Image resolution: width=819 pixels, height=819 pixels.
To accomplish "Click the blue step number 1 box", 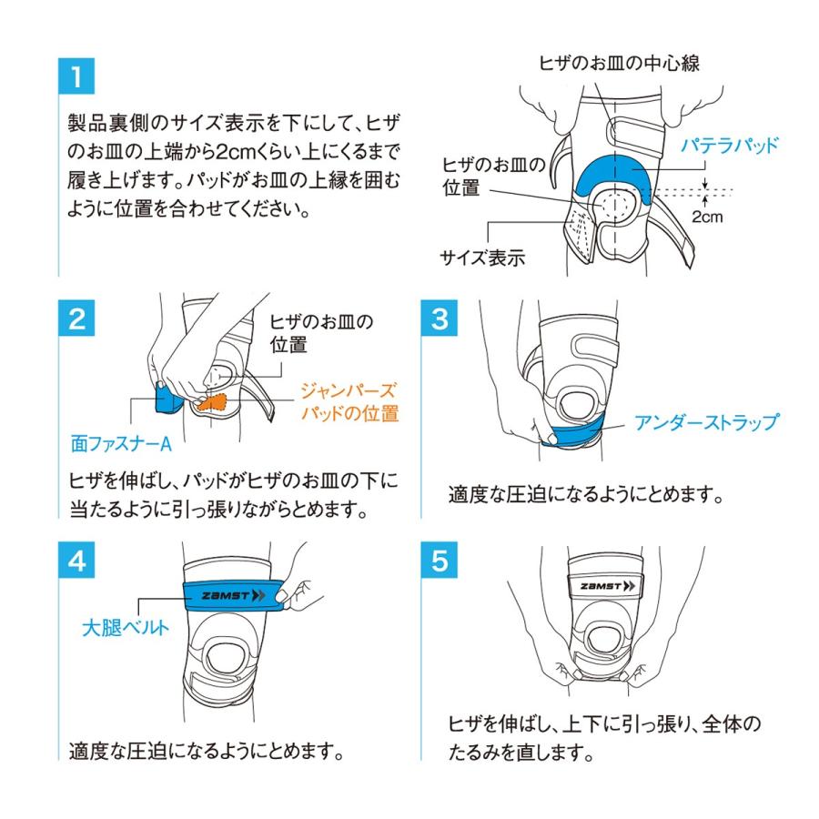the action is (x=76, y=76).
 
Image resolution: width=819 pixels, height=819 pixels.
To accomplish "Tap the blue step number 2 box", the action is (x=76, y=318).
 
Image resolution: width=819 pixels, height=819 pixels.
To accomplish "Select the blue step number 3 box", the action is (x=440, y=318).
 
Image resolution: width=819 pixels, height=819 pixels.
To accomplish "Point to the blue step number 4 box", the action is (x=76, y=560).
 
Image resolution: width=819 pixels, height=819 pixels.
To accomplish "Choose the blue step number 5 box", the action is (x=440, y=560).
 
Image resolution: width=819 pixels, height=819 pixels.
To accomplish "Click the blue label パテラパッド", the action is (x=729, y=145).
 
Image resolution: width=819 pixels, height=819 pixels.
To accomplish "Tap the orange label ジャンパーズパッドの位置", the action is (x=349, y=401).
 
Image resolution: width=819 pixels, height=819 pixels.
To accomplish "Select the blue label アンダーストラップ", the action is (x=706, y=422).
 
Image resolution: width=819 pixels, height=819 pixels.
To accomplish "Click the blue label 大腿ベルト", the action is (x=126, y=627).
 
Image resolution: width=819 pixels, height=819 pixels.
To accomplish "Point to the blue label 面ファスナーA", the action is (x=121, y=443).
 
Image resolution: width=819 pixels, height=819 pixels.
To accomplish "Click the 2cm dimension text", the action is (x=707, y=217).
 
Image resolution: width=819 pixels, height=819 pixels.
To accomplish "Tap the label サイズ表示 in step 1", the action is (x=481, y=258).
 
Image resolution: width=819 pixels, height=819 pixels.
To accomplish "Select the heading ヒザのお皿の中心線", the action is (x=619, y=63).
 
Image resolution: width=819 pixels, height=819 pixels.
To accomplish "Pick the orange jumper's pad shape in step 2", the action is (x=214, y=401).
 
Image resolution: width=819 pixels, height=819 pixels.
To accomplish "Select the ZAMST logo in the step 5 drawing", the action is (x=608, y=585).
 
